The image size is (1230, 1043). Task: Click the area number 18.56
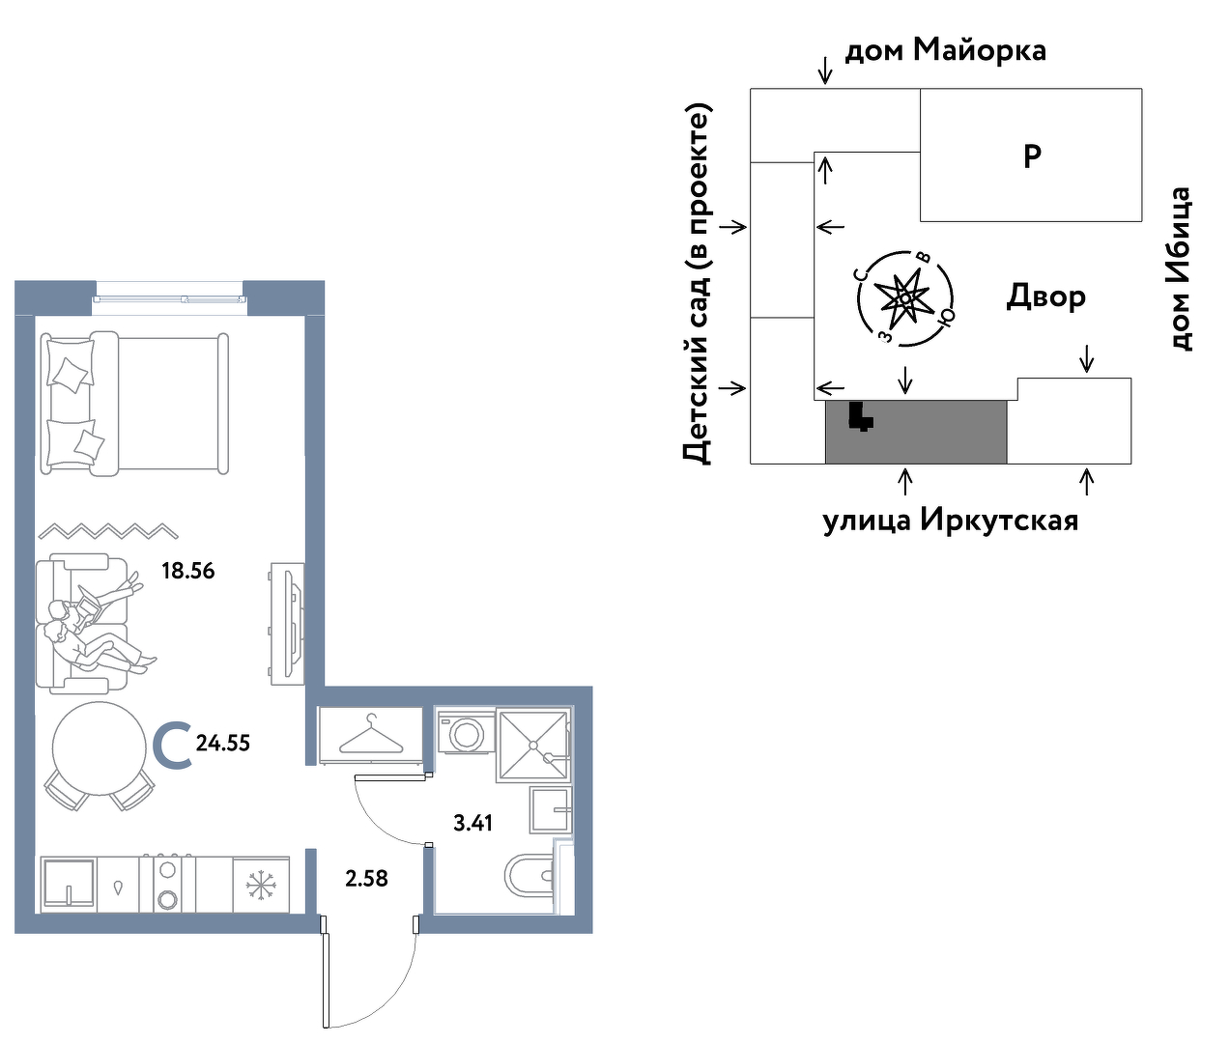pos(188,571)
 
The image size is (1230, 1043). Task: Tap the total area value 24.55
pos(223,744)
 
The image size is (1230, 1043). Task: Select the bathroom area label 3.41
pos(473,823)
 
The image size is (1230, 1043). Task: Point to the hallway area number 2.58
pos(366,878)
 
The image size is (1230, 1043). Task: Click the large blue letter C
pos(173,746)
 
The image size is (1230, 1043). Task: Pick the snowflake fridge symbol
pos(261,885)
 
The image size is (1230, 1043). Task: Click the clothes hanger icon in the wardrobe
pos(371,735)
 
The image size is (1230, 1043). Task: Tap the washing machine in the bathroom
pos(467,733)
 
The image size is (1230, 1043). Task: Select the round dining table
pos(100,748)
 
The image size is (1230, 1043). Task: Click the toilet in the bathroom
pos(530,875)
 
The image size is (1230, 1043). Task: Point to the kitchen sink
pos(68,885)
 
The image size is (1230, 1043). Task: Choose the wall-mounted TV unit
pos(287,623)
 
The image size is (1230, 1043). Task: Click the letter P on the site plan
pos(1032,156)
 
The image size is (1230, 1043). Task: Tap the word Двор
pos(1045,296)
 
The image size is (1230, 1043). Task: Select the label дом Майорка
pos(946,50)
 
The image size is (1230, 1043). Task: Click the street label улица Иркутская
pos(951,521)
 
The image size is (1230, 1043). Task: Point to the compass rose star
pos(905,296)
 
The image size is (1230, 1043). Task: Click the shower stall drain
pos(533,745)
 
